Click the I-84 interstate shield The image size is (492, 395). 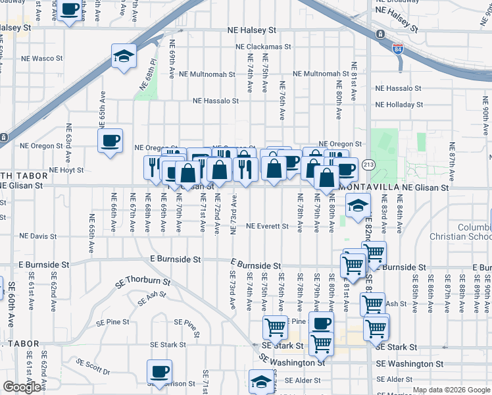pos(398,49)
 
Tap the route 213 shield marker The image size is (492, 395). pos(368,164)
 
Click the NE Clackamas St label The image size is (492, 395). pos(264,47)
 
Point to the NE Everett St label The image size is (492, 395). pos(267,226)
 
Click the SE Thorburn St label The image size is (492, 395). pos(142,282)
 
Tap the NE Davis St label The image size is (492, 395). pos(38,236)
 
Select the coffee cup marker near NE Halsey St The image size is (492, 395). pos(70,10)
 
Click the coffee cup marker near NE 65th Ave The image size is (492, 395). pos(110,140)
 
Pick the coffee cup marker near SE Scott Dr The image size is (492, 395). pos(159,371)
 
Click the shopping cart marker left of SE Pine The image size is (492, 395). pos(275,327)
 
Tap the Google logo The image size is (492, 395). pos(22,387)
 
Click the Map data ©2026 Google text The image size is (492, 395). pos(451,390)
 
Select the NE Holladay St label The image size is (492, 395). pos(398,105)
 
